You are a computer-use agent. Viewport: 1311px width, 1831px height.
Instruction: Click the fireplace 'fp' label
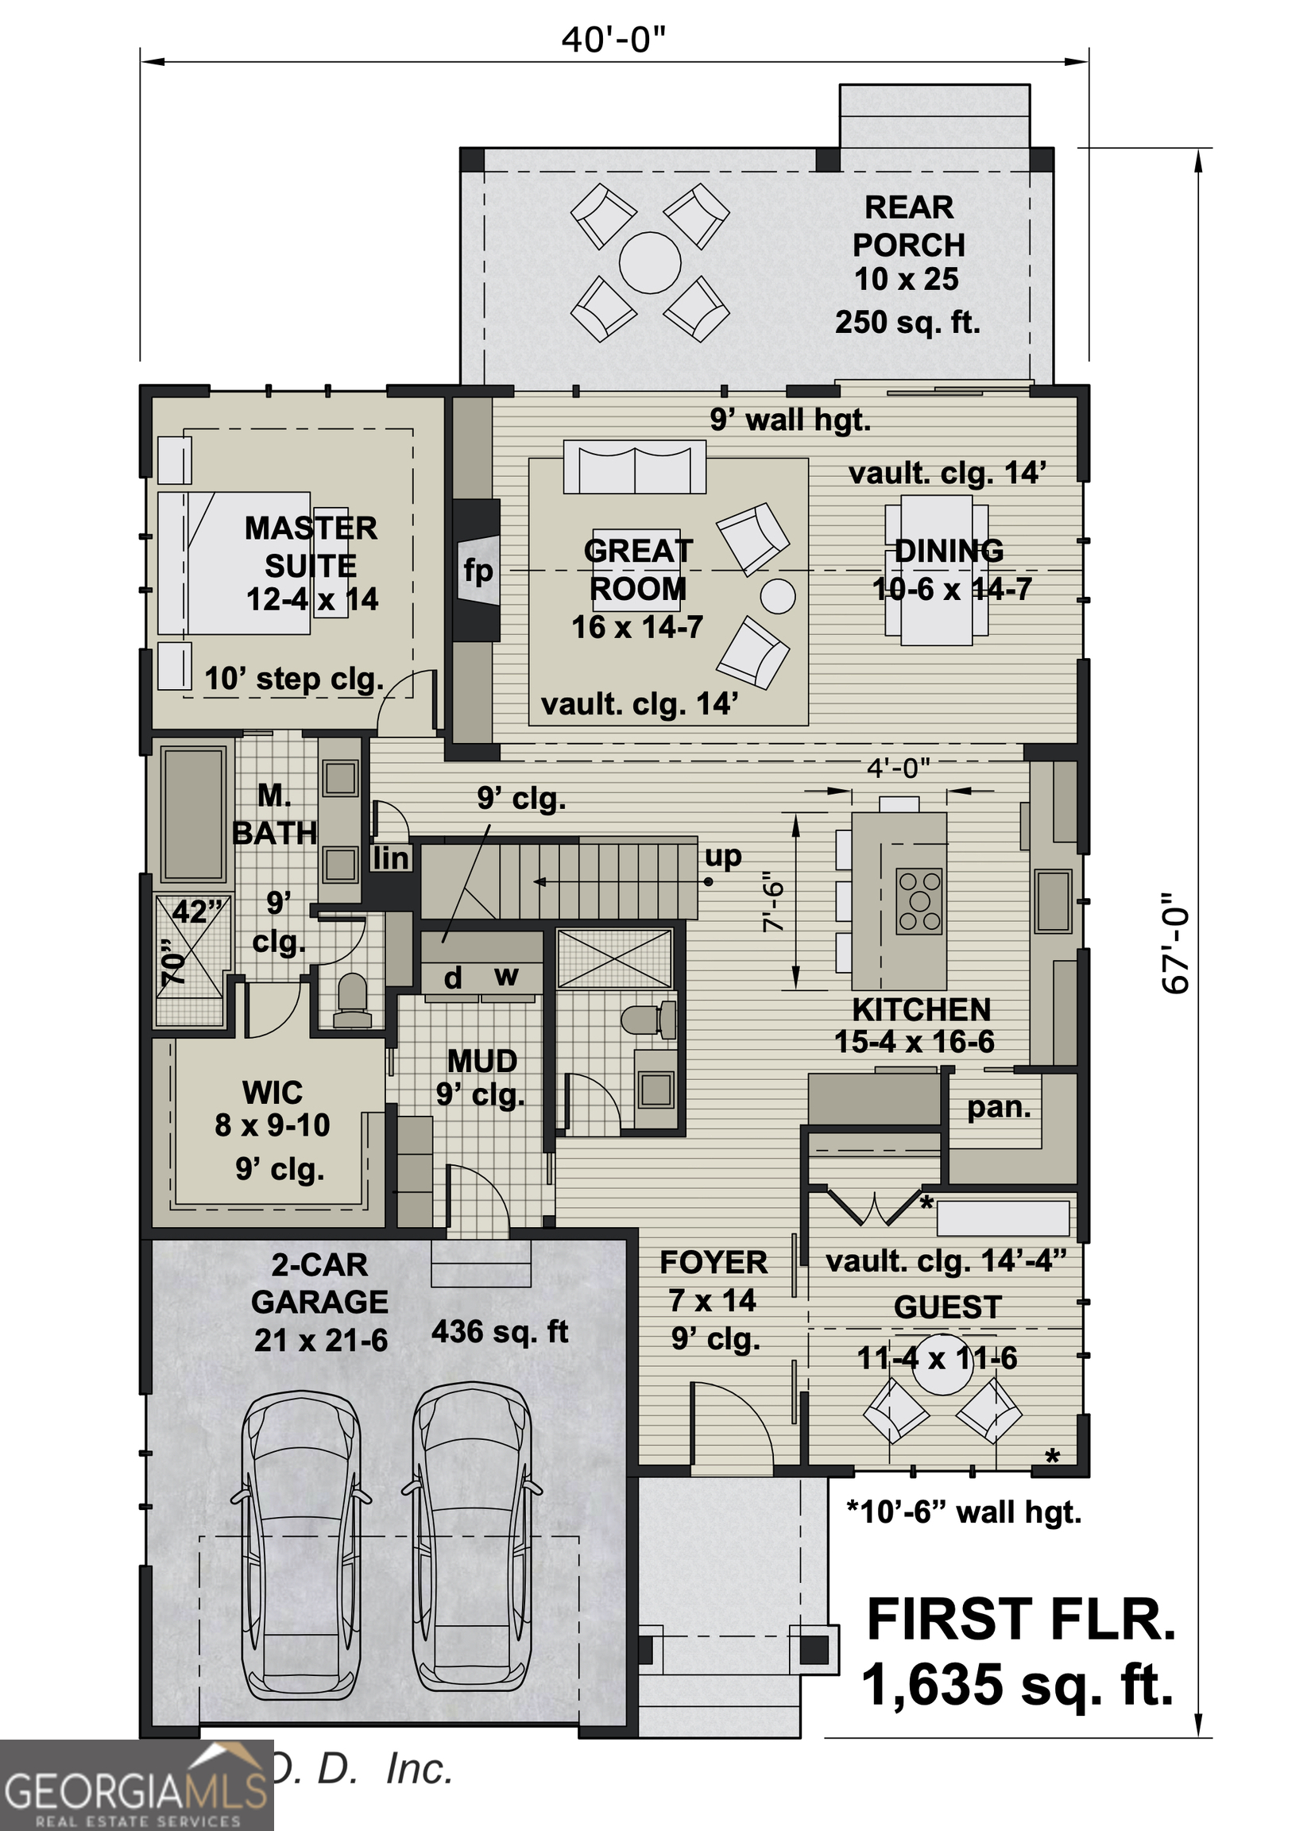pyautogui.click(x=478, y=571)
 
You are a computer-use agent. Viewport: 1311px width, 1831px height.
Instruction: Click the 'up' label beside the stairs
pyautogui.click(x=722, y=856)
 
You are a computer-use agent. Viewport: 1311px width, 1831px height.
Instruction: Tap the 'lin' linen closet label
pyautogui.click(x=391, y=859)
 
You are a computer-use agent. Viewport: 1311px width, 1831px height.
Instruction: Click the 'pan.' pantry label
pyautogui.click(x=999, y=1107)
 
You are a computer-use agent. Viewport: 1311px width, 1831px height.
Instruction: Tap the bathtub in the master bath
pyautogui.click(x=193, y=814)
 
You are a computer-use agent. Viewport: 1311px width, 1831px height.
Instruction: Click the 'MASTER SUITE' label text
pyautogui.click(x=311, y=547)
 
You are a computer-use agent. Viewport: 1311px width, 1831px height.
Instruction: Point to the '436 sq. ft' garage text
pyautogui.click(x=500, y=1331)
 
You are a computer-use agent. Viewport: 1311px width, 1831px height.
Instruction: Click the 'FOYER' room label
pyautogui.click(x=713, y=1263)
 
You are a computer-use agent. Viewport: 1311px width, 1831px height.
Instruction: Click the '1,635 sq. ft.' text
pyautogui.click(x=1017, y=1686)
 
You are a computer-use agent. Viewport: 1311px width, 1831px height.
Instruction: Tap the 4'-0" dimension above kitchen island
pyautogui.click(x=899, y=768)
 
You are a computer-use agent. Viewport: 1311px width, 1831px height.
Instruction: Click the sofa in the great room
pyautogui.click(x=635, y=466)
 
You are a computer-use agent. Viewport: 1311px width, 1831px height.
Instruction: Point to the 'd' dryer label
pyautogui.click(x=453, y=978)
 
